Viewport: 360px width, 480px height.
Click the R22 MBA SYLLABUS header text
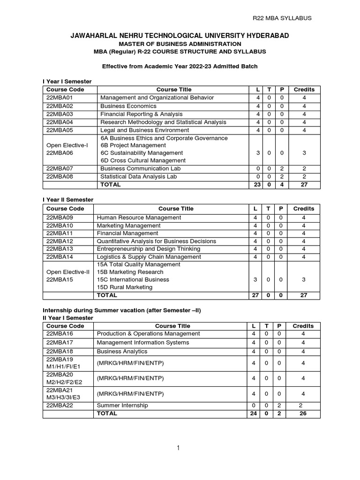(282, 18)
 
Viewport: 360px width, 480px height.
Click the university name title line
(180, 36)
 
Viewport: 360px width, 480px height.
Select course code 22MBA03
(59, 114)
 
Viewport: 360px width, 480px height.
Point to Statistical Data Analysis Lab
(138, 177)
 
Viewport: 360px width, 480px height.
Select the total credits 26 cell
(303, 414)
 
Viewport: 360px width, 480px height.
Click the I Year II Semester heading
(67, 200)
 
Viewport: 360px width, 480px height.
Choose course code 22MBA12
(59, 241)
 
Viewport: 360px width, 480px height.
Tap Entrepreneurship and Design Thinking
(148, 249)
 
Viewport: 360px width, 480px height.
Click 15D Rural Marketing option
(118, 287)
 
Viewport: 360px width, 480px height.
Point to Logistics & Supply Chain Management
(149, 257)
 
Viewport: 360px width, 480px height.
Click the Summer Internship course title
(122, 405)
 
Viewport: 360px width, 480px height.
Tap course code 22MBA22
(59, 405)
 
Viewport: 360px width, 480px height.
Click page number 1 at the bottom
(179, 449)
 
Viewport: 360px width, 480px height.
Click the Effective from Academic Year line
(180, 67)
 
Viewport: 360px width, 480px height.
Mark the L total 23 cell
(256, 185)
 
